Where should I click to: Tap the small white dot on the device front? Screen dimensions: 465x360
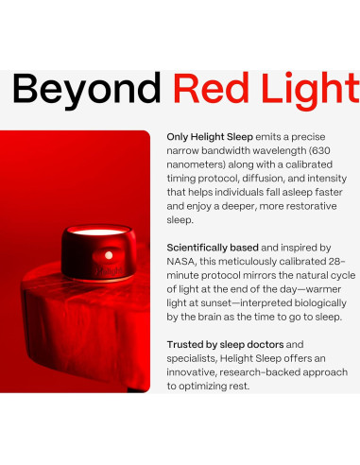point(109,254)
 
